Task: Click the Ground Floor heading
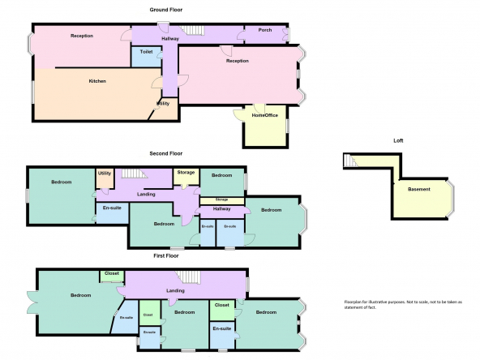click(x=166, y=10)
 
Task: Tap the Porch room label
click(x=265, y=30)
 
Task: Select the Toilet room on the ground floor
click(x=146, y=56)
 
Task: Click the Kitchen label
click(x=97, y=81)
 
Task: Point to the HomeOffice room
click(x=265, y=126)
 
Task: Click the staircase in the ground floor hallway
click(x=191, y=30)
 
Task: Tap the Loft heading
click(x=398, y=141)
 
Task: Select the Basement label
click(x=419, y=189)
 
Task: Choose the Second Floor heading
click(x=166, y=153)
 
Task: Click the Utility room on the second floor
click(x=105, y=178)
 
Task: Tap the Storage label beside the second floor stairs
click(x=186, y=173)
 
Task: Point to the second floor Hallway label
click(x=221, y=208)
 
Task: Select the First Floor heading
click(x=166, y=255)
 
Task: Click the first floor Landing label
click(x=175, y=290)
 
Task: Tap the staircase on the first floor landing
click(x=188, y=277)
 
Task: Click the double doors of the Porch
click(x=285, y=34)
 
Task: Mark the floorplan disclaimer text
click(x=403, y=305)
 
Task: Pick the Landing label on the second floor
click(x=146, y=194)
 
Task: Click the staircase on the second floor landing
click(x=135, y=174)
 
